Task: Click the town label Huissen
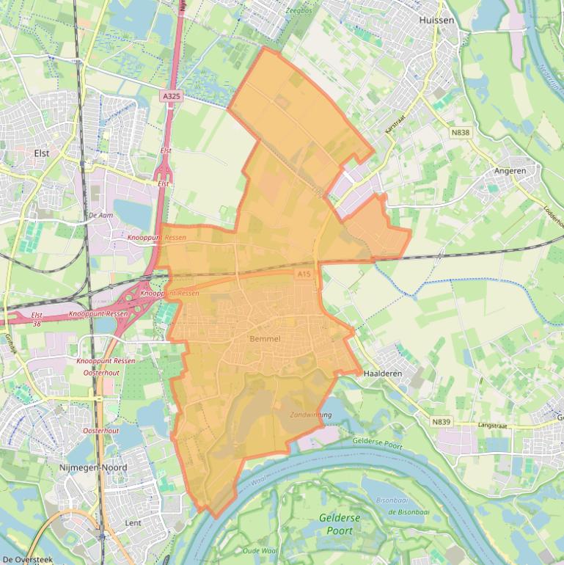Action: point(436,21)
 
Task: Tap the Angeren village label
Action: point(510,171)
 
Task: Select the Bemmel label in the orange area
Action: point(265,339)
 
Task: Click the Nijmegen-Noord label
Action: point(93,467)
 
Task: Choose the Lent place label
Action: point(133,523)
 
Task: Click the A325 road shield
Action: point(171,96)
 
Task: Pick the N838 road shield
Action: point(460,133)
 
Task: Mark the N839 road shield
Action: point(441,422)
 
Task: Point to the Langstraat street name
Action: point(493,425)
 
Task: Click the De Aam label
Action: point(101,215)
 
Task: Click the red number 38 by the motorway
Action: point(37,322)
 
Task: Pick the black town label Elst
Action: point(42,153)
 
